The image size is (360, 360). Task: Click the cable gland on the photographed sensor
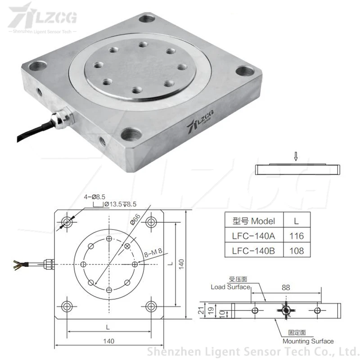click(x=59, y=118)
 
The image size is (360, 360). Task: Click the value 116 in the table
click(x=297, y=235)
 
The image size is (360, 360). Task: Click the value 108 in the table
click(x=297, y=250)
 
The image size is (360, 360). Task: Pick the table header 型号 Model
click(x=254, y=221)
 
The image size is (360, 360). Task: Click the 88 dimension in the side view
click(x=286, y=286)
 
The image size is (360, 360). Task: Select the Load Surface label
click(x=230, y=287)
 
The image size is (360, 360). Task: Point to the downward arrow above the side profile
click(x=296, y=156)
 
